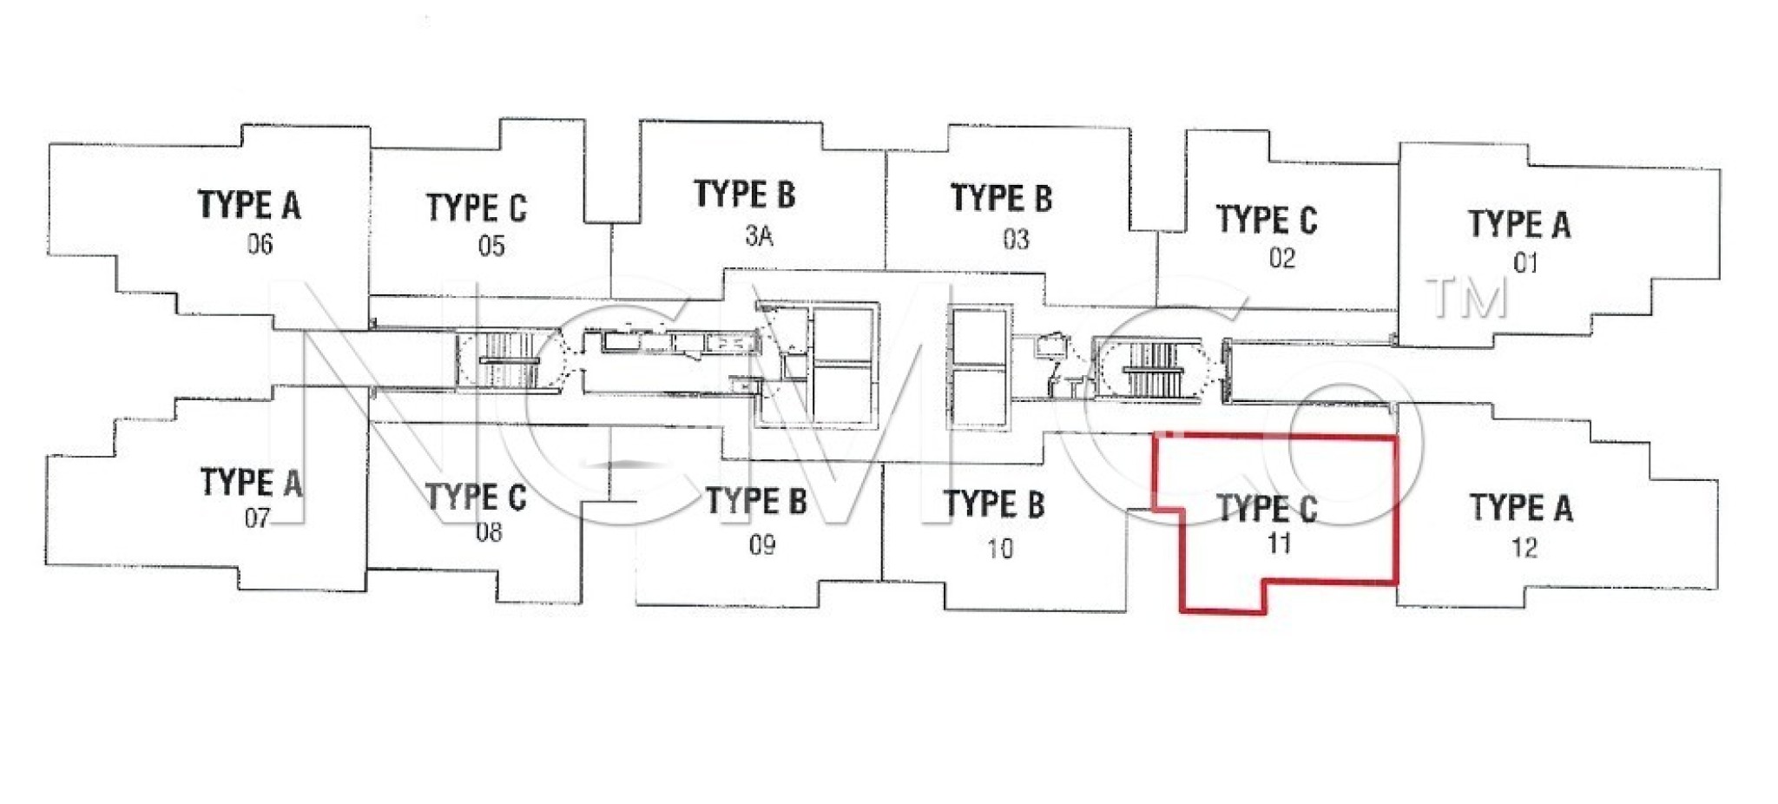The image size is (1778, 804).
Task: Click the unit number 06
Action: coord(260,244)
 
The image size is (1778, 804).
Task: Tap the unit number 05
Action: coord(491,246)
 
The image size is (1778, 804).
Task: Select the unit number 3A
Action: coord(759,235)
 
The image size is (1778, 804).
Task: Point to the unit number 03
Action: coord(1016,239)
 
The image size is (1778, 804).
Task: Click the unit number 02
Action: coord(1281,258)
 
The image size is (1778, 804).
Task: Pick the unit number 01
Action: coord(1525,262)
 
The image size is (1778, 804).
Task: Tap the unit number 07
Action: coord(257,518)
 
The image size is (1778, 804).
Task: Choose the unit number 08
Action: coord(489,531)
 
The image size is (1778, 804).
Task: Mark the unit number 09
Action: coord(761,544)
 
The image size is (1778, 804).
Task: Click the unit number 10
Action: coord(999,548)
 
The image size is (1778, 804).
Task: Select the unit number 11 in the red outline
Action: coord(1279,544)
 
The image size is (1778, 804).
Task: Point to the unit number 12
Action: coord(1524,547)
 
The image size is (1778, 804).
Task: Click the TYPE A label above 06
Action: coord(249,205)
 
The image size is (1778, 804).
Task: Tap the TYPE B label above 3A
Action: coord(744,194)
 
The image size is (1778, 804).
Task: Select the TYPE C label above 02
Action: coord(1267,220)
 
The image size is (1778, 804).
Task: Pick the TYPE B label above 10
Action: coord(994,504)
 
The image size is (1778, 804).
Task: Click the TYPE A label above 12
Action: coord(1520,507)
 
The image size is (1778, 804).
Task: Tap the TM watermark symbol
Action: coord(1467,297)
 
